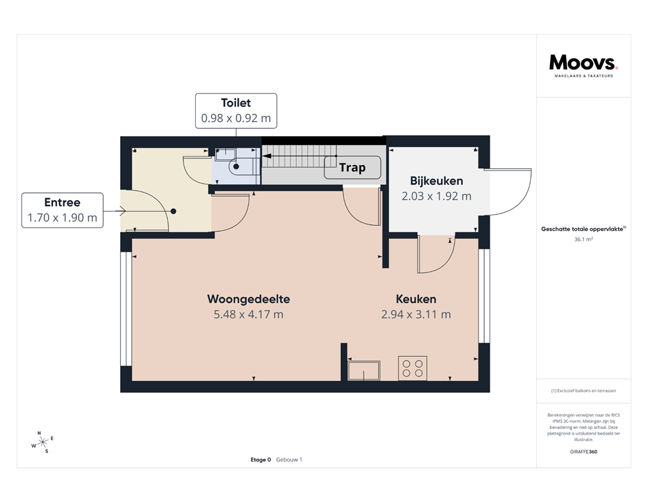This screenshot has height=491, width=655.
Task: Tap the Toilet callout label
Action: coord(235,111)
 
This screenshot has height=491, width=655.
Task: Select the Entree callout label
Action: coord(62,210)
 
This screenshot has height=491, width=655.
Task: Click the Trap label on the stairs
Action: coord(352,168)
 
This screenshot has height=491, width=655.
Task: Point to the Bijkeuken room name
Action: coord(436,181)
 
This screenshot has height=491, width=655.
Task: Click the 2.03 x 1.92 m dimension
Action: coord(436,196)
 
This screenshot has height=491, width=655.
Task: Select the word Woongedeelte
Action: coord(249,299)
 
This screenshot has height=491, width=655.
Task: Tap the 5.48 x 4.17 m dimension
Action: coord(249,314)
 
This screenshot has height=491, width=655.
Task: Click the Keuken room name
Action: coord(416,299)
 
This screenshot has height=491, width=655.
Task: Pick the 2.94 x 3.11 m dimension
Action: coord(416,314)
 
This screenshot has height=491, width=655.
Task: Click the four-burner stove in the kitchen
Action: coord(413,368)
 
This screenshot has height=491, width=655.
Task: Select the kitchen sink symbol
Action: coord(363,370)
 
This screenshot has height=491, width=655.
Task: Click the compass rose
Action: coord(42,442)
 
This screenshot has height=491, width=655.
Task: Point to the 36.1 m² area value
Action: coord(583,239)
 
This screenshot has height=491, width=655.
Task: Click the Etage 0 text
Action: coord(261,460)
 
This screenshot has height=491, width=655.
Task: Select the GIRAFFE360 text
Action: coord(583,451)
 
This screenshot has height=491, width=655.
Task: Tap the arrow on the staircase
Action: coord(297,156)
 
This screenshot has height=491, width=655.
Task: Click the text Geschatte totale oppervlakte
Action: coord(582,228)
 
